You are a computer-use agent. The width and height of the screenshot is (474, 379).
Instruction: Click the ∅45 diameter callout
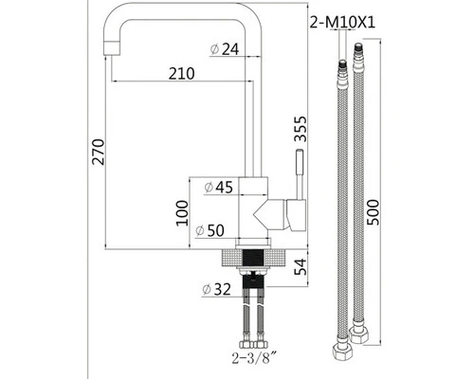tap(218, 187)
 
